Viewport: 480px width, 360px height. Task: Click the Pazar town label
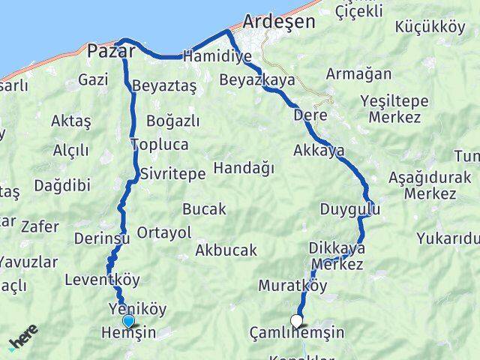(111, 51)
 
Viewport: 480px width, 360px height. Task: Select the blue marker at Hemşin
(128, 322)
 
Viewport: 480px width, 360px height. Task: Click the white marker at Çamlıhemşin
(297, 321)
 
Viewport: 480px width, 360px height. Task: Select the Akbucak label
(226, 250)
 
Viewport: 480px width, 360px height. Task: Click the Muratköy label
(293, 285)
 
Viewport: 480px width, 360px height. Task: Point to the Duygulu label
(345, 208)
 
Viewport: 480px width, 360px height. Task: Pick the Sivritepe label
(172, 173)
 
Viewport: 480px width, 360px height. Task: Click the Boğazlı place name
(173, 121)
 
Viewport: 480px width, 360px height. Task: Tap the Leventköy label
(103, 280)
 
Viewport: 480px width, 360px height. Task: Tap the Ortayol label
(164, 232)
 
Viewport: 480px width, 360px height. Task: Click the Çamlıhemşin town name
(297, 333)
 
